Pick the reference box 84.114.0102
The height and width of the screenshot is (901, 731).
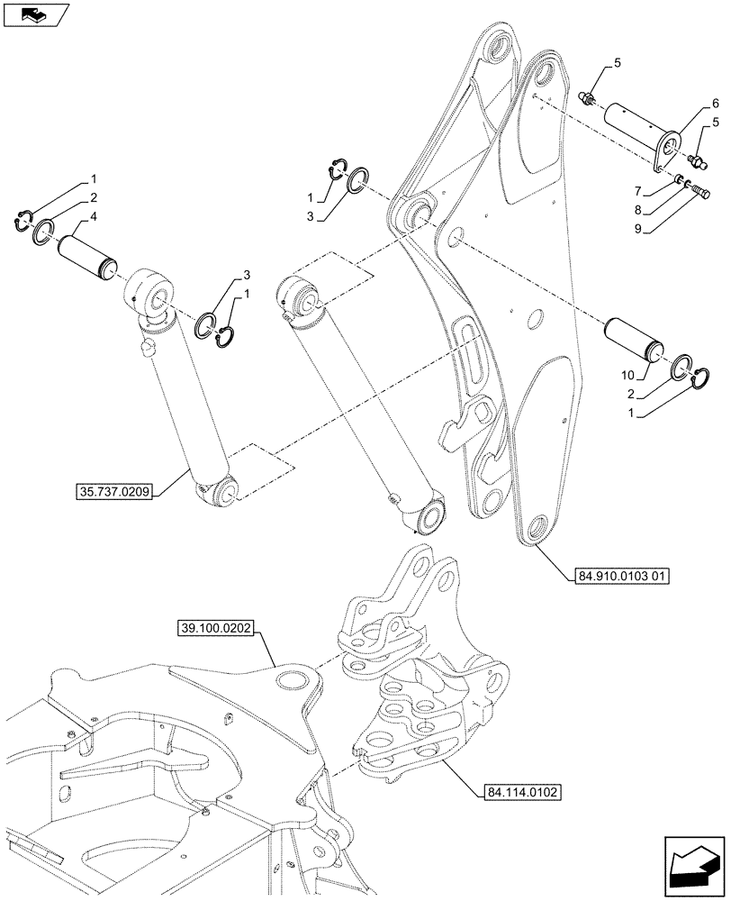515,793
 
